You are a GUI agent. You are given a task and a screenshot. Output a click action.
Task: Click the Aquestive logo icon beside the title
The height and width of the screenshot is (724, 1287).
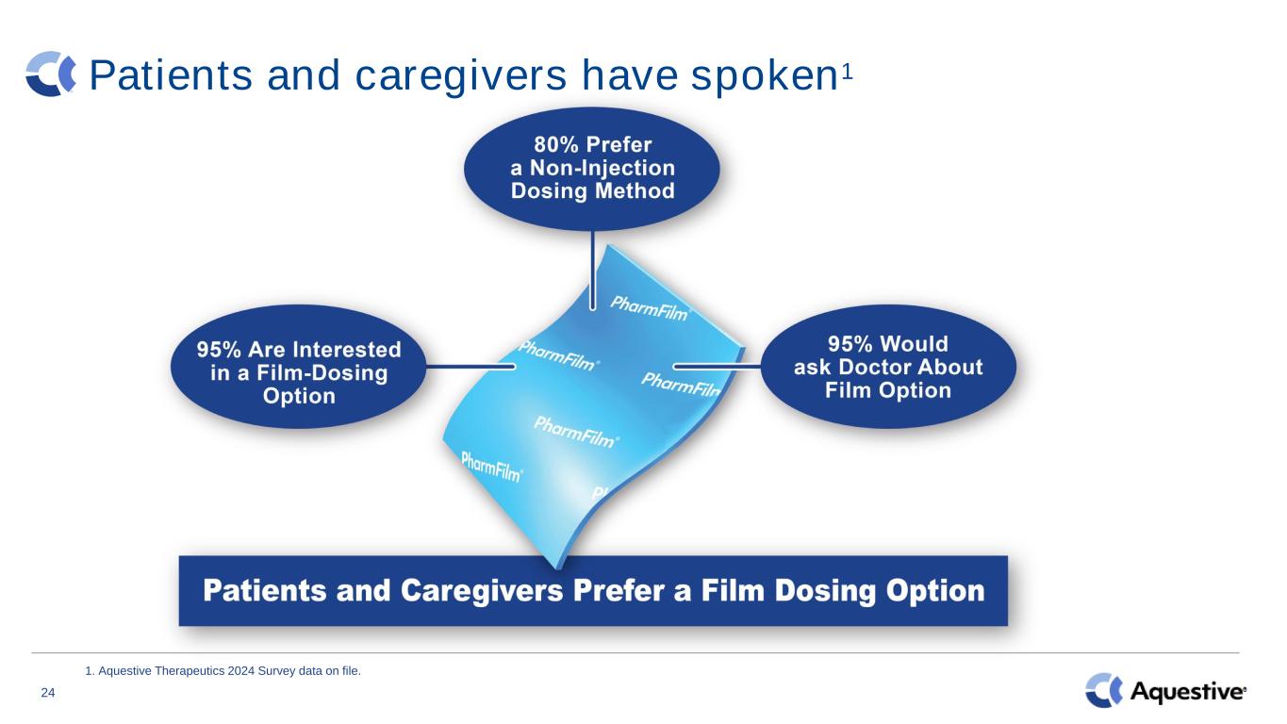pyautogui.click(x=51, y=74)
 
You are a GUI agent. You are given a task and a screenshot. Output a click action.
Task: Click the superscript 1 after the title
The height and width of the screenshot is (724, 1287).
pyautogui.click(x=848, y=73)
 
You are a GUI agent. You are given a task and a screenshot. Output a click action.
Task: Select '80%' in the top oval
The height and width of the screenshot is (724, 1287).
pyautogui.click(x=555, y=144)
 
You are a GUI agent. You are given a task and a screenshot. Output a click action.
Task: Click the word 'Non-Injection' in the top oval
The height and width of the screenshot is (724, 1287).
pyautogui.click(x=602, y=168)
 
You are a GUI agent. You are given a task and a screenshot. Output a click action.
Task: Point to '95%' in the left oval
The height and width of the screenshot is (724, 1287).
pyautogui.click(x=219, y=350)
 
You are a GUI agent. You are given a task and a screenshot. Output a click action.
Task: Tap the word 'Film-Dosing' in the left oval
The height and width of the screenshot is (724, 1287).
pyautogui.click(x=322, y=373)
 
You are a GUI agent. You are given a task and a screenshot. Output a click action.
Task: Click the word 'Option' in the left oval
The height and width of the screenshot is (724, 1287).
pyautogui.click(x=299, y=396)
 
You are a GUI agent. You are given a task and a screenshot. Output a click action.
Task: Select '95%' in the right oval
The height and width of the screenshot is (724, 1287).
pyautogui.click(x=850, y=343)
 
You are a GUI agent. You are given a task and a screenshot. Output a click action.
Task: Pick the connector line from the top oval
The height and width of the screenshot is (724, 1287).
pyautogui.click(x=592, y=270)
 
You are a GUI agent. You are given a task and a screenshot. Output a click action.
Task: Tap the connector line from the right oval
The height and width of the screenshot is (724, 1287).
pyautogui.click(x=717, y=366)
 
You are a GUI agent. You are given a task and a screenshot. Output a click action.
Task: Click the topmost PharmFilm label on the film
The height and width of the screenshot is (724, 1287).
pyautogui.click(x=650, y=308)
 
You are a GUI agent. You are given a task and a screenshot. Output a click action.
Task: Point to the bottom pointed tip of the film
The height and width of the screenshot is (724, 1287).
pyautogui.click(x=556, y=568)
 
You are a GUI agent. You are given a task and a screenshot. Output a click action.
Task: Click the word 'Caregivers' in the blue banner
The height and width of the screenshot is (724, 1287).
pyautogui.click(x=482, y=591)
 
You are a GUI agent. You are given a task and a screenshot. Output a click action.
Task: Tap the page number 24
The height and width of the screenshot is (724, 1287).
pyautogui.click(x=48, y=692)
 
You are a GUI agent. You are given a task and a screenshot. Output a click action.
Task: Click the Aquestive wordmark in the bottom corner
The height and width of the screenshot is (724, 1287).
pyautogui.click(x=1188, y=691)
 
